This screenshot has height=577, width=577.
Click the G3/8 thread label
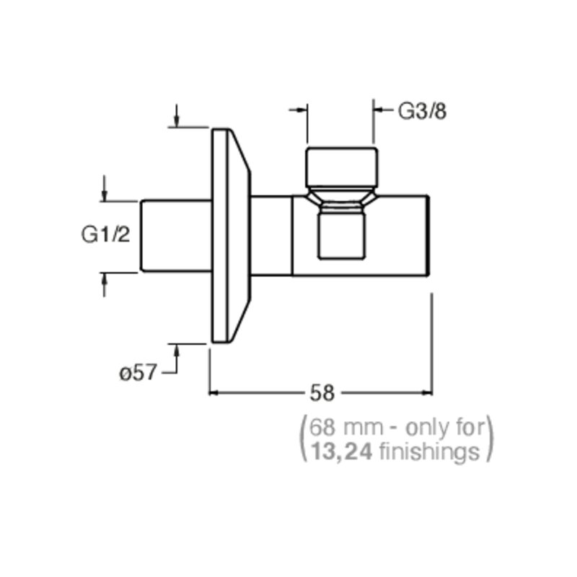pos(422,111)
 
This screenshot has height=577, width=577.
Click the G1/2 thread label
pos(105,234)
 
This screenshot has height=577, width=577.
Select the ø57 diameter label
pos(138,373)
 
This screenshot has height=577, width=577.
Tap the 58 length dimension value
pos(322,392)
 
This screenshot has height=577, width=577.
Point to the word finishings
pos(429,452)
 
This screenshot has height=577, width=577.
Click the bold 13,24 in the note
pos(341,452)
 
